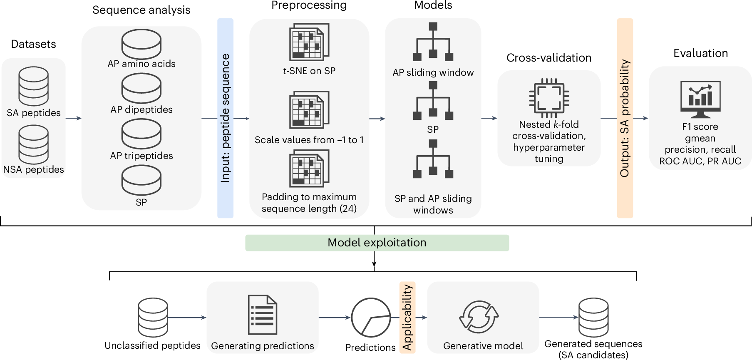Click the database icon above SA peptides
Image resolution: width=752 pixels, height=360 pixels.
pos(33,87)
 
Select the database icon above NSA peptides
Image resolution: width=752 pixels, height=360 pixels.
pos(33,144)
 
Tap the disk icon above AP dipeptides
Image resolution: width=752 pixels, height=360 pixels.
pos(141,88)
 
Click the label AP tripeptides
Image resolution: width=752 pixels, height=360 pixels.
pos(141,156)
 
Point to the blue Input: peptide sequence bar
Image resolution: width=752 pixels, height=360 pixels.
pos(225,118)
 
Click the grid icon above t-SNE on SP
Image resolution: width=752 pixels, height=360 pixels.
pos(309,42)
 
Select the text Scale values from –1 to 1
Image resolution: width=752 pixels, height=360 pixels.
pos(309,140)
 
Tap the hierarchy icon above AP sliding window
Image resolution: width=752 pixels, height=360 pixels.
pos(433,42)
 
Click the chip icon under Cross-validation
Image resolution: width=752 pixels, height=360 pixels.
pos(548,98)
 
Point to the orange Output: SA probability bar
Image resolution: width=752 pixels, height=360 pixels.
pos(625,118)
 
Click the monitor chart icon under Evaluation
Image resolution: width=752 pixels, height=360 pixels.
pos(700,99)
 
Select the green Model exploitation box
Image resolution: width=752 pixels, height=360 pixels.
pos(377,243)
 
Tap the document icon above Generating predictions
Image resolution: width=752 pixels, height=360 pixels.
pos(262,315)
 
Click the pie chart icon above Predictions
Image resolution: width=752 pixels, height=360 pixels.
pos(370,318)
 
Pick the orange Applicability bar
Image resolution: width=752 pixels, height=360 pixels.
pos(407,318)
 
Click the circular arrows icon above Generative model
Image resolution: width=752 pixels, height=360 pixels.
pos(479,317)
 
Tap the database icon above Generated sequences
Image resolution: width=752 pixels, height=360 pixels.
pos(593,317)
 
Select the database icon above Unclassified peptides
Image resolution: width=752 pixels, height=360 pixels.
pos(153,317)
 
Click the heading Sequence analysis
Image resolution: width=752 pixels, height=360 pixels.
pos(141,10)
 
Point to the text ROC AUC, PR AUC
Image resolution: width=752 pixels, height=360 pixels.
pos(700,161)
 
